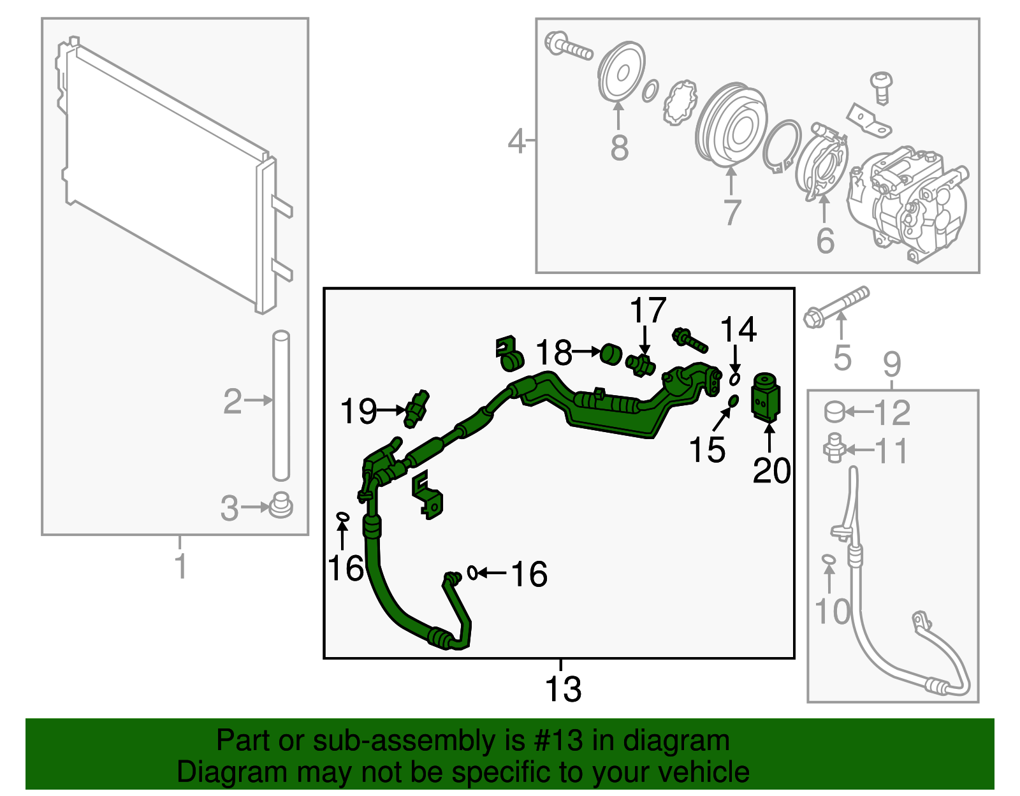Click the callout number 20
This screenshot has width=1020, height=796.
tap(771, 471)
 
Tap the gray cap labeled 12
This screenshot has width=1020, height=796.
tap(834, 412)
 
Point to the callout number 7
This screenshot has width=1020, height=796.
tap(732, 212)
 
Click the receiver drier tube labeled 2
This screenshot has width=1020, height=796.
tap(281, 405)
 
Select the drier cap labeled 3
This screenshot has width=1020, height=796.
tap(280, 506)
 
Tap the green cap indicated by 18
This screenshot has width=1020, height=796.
tap(612, 354)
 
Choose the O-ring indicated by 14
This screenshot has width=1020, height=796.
tap(734, 379)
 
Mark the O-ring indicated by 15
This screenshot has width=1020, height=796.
tap(732, 401)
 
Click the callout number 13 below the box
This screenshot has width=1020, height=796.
tap(563, 690)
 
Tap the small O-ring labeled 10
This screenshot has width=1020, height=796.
tap(828, 559)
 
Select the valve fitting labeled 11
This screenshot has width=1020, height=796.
tap(833, 449)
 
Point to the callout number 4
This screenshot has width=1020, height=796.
tap(516, 141)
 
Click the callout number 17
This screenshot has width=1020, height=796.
tap(648, 311)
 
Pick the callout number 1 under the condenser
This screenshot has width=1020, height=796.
tap(181, 566)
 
